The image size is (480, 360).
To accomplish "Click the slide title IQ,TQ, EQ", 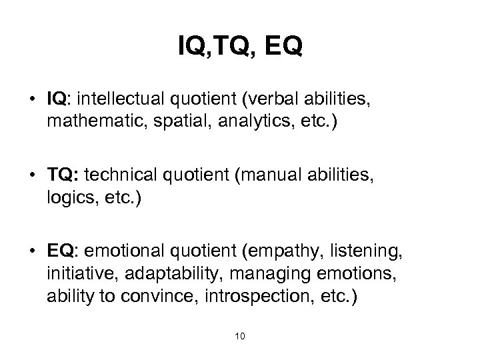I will pyautogui.click(x=240, y=47).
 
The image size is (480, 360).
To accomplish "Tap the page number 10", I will pyautogui.click(x=240, y=335).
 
